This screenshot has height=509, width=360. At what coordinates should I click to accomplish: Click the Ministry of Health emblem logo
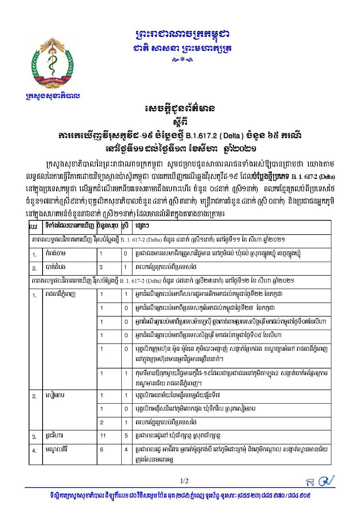[x=52, y=64]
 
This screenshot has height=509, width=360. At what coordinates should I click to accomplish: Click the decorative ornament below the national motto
[x=182, y=60]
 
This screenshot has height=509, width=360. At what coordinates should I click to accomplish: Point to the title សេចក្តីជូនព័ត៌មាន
[x=181, y=109]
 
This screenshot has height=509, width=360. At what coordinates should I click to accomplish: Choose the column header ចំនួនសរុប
[x=108, y=226]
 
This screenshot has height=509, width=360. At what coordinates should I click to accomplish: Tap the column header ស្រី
[x=126, y=226]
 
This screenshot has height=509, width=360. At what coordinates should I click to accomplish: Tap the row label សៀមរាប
[x=54, y=396]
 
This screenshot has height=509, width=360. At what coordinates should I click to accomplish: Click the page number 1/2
[x=184, y=481]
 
